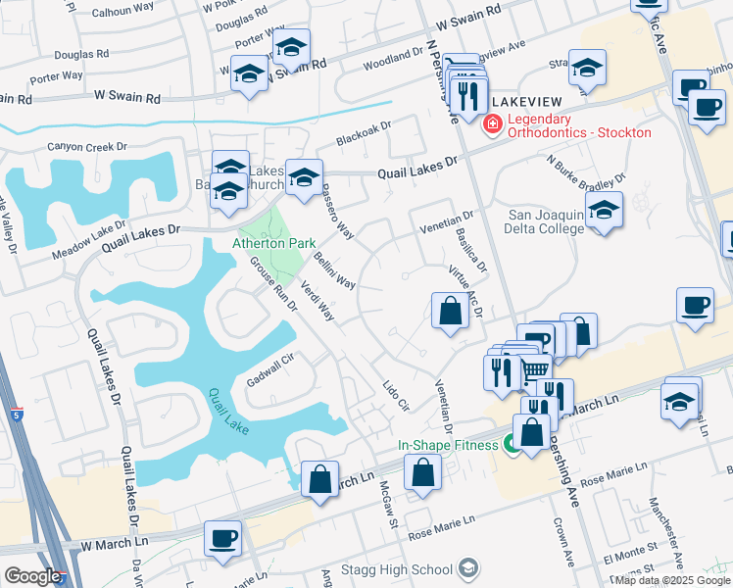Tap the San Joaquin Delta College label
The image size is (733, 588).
coord(545,221)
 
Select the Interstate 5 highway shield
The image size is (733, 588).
coord(17,416)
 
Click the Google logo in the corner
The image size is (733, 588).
coord(31,576)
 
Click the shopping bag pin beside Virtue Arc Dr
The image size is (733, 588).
coord(449,312)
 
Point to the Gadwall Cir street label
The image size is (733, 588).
coord(270,371)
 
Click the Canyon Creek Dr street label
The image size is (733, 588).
coord(88,147)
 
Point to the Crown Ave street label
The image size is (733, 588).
coord(562,545)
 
